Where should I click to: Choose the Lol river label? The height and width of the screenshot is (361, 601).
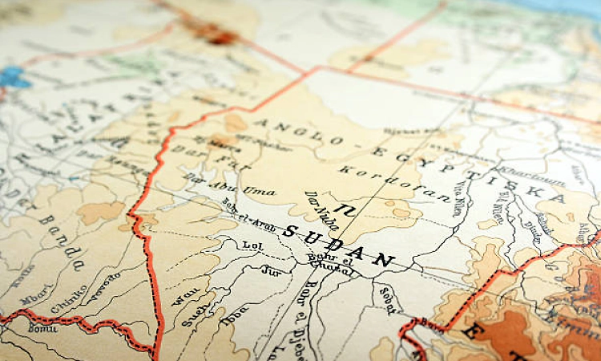click(252, 243)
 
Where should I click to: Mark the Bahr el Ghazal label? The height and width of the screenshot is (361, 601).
click(328, 262)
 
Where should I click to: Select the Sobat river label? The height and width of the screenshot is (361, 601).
click(387, 298)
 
